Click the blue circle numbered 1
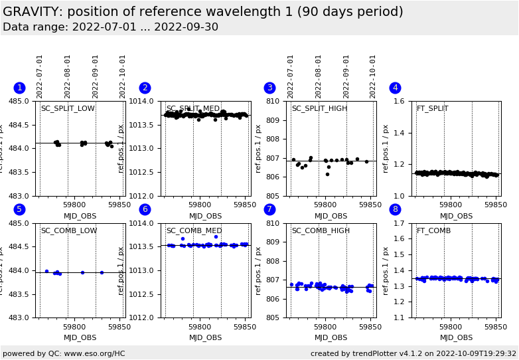(19, 88)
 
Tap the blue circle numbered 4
(395, 88)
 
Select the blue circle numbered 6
(145, 209)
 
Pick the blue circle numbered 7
(269, 209)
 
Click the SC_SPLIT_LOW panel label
(68, 109)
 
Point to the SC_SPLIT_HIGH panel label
(319, 109)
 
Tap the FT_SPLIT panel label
(432, 109)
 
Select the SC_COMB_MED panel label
(193, 231)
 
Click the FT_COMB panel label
(433, 231)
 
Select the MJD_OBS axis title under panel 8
(457, 338)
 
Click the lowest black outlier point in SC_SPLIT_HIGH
(327, 174)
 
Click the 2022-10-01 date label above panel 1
(123, 76)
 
